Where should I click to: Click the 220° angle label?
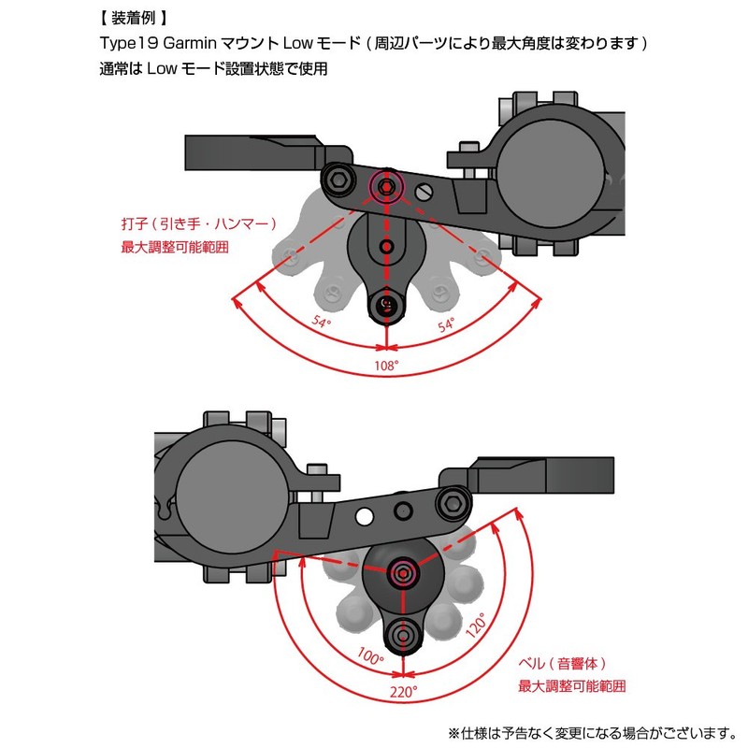tap(404, 694)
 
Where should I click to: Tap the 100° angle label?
tap(369, 657)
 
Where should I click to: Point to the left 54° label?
tap(324, 322)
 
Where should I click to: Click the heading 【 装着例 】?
tap(134, 18)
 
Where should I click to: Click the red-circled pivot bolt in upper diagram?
tap(386, 187)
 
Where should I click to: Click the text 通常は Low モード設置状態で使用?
tap(213, 68)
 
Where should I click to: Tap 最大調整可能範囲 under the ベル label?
tap(571, 686)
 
